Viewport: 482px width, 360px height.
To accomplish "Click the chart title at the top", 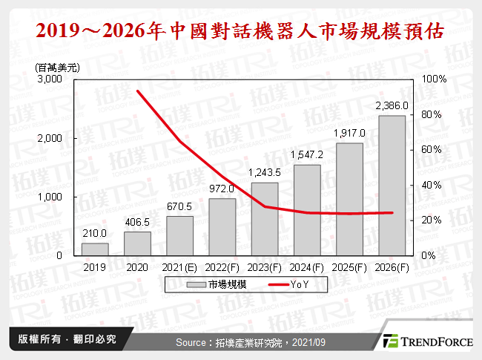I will [241, 32].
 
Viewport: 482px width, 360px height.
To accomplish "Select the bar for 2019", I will [95, 249].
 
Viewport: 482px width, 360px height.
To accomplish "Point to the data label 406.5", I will [137, 222].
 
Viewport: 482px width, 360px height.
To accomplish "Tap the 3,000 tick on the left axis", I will [50, 79].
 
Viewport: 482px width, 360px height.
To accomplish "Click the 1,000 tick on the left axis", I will [50, 197].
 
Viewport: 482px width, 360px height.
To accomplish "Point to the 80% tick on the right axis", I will [432, 114].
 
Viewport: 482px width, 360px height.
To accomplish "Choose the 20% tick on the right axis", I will [432, 220].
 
